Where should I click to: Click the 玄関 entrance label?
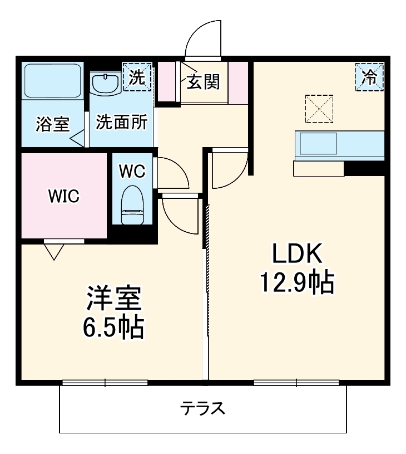(203, 81)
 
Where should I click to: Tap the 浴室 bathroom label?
(53, 124)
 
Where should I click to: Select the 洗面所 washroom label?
(122, 123)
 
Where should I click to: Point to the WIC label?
(63, 196)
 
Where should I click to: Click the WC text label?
(132, 171)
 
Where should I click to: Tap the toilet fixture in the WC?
(132, 204)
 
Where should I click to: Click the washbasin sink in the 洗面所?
(105, 85)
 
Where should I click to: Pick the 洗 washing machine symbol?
(137, 77)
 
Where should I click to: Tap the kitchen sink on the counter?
(318, 144)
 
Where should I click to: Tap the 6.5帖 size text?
(113, 328)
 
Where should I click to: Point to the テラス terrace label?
(202, 409)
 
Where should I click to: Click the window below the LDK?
(296, 382)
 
